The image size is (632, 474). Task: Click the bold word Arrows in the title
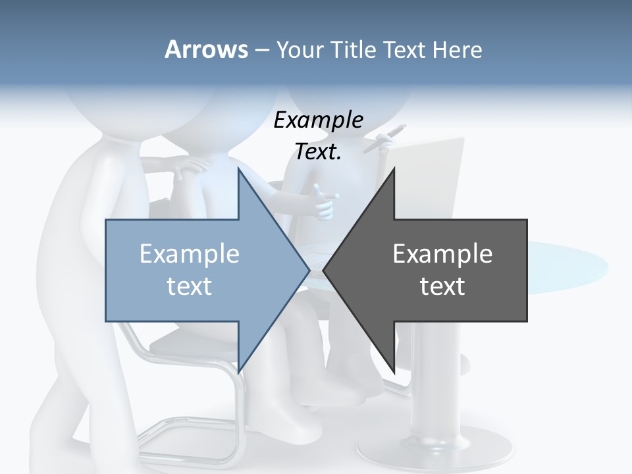(206, 49)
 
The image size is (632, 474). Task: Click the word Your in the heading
(299, 49)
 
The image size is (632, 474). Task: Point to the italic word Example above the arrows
(319, 120)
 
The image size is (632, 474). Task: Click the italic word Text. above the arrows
(319, 152)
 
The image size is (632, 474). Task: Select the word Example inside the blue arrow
(190, 253)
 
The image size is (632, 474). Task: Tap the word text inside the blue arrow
(190, 286)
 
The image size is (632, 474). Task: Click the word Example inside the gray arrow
(442, 253)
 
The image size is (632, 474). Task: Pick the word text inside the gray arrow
(442, 286)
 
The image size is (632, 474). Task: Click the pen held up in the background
(388, 138)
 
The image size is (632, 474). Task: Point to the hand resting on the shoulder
(191, 167)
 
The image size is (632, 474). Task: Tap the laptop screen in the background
(428, 178)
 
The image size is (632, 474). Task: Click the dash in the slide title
(261, 50)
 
